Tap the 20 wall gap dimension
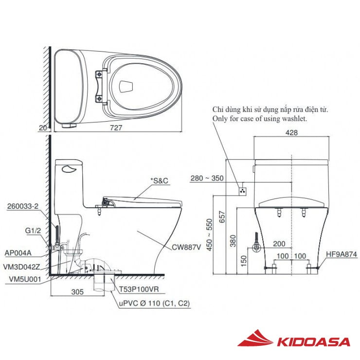tap(43, 127)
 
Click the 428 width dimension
tap(291, 132)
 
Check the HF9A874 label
tap(342, 254)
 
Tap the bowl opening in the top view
tap(126, 86)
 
